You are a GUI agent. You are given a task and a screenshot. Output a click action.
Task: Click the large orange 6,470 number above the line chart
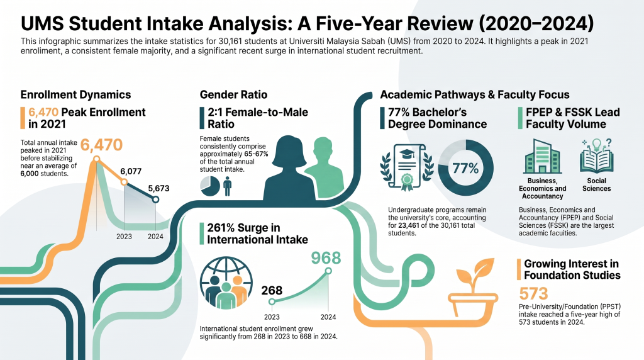pos(101,145)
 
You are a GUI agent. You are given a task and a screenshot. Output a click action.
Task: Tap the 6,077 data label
pos(131,171)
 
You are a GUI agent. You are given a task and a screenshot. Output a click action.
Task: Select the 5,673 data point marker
pos(155,200)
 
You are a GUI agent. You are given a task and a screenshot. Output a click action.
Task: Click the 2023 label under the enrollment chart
pos(124,236)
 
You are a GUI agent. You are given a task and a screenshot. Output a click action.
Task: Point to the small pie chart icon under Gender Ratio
pos(210,186)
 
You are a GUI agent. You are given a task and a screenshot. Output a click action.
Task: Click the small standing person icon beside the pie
pos(227,186)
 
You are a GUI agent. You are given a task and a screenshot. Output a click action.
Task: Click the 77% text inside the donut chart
pos(465,168)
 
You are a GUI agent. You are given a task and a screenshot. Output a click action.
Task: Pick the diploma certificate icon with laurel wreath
pos(407,167)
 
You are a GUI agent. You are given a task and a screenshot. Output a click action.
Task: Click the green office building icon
pos(542,156)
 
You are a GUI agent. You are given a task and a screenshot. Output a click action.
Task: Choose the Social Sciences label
pos(596,184)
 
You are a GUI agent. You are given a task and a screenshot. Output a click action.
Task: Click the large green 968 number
pos(326,257)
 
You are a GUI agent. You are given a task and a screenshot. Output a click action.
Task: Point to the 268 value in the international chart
pos(272,291)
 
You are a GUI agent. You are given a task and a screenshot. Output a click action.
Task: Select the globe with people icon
pos(226,283)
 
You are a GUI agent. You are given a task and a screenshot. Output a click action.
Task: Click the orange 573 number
pos(533,294)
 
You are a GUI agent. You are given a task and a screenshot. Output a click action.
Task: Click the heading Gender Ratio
pos(233,95)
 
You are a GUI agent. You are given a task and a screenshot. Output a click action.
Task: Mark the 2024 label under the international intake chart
pos(328,317)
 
